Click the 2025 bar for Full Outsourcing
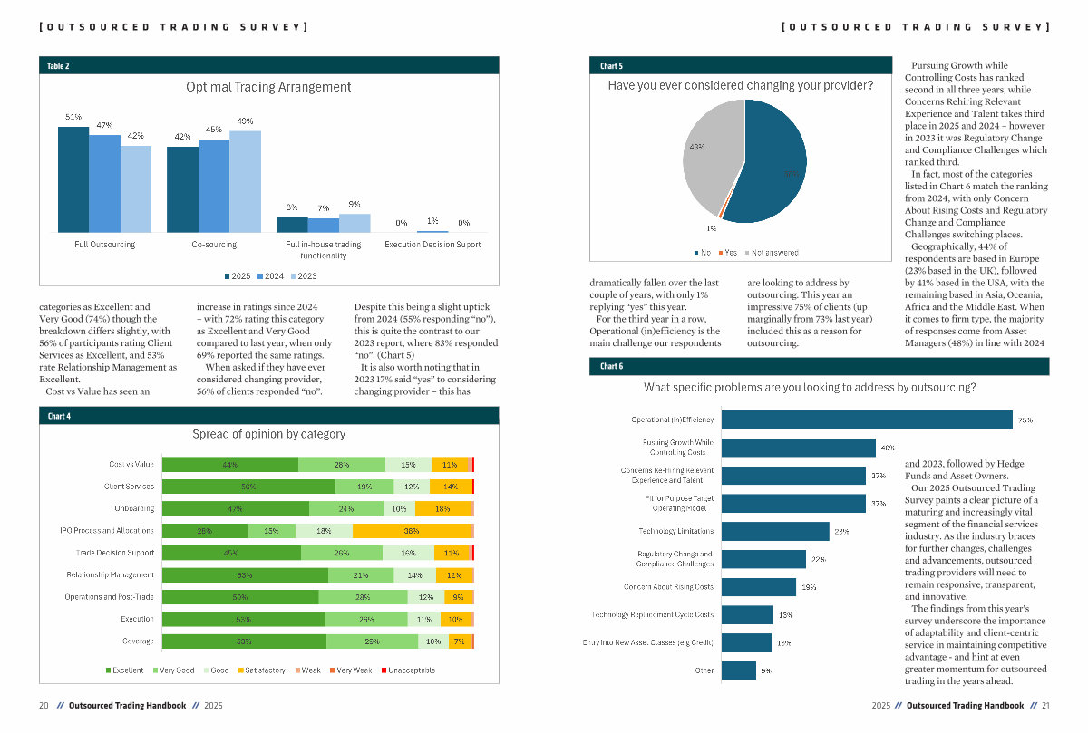coord(73,179)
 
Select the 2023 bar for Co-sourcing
coord(245,181)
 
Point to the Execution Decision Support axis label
coord(432,245)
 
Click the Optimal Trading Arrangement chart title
coord(268,87)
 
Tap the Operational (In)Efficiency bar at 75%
coord(866,420)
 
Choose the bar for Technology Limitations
coord(775,531)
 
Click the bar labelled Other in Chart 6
coord(738,670)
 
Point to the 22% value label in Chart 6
coord(819,559)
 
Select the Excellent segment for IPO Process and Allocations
coord(205,531)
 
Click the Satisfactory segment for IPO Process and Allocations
coord(412,531)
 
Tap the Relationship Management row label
coord(110,575)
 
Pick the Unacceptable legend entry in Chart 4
coord(408,670)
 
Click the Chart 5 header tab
coord(612,66)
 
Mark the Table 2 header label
coord(58,66)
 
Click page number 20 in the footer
coord(44,705)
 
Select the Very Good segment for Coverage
coord(372,641)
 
